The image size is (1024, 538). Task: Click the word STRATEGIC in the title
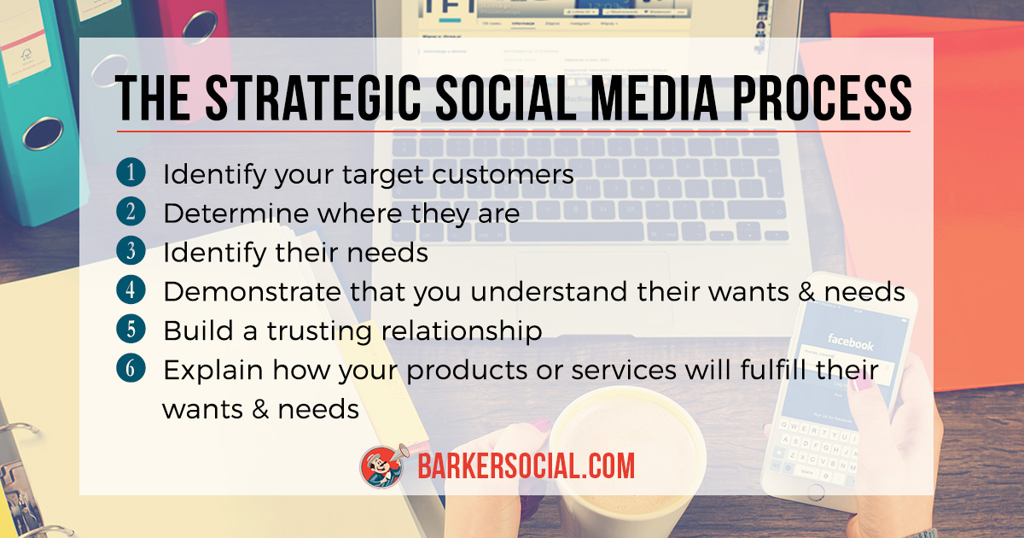tap(313, 98)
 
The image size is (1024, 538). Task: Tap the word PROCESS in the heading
tap(823, 98)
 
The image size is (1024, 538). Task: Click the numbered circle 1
tap(131, 172)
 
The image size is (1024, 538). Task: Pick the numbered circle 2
tap(131, 212)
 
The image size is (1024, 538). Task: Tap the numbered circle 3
tap(131, 250)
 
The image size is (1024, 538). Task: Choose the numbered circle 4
tap(131, 289)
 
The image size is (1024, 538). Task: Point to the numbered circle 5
tap(131, 329)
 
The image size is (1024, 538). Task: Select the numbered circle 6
tap(131, 368)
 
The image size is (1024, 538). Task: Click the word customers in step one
tap(503, 175)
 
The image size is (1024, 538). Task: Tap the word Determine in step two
tap(236, 213)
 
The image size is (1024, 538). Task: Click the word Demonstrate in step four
tap(253, 292)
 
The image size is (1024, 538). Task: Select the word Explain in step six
tap(213, 371)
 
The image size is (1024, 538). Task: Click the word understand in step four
tap(549, 292)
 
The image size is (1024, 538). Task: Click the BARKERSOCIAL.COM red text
tap(527, 466)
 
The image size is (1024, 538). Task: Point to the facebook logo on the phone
tap(850, 342)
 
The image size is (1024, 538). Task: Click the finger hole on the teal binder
tap(43, 133)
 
